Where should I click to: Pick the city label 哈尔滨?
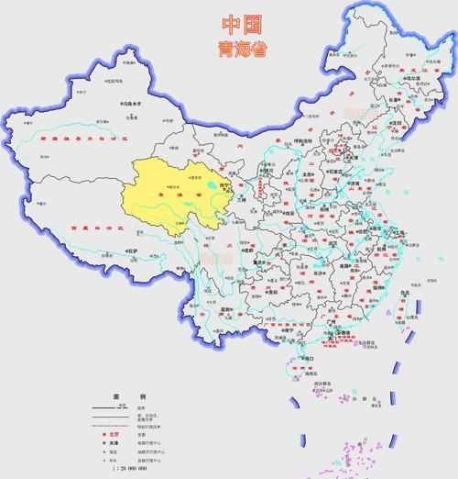(x=396, y=79)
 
